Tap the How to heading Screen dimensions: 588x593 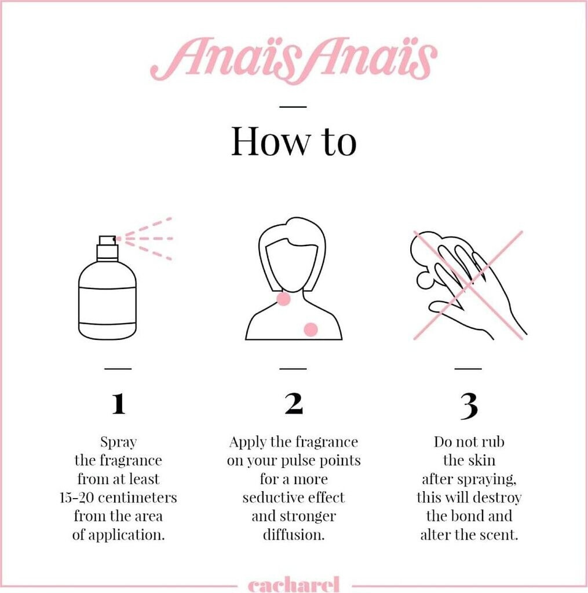click(x=294, y=141)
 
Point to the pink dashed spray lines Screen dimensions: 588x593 click(x=145, y=239)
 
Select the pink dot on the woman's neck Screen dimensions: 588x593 click(x=283, y=299)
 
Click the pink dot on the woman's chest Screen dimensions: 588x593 click(x=311, y=330)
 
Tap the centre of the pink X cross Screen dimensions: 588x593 click(x=469, y=284)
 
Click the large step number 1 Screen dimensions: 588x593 click(x=118, y=404)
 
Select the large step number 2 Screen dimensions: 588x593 click(x=294, y=404)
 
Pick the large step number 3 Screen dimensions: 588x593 click(x=469, y=406)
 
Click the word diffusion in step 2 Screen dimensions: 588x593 click(x=294, y=535)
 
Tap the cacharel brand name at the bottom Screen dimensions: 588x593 click(x=294, y=585)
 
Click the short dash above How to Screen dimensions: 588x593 click(x=293, y=107)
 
